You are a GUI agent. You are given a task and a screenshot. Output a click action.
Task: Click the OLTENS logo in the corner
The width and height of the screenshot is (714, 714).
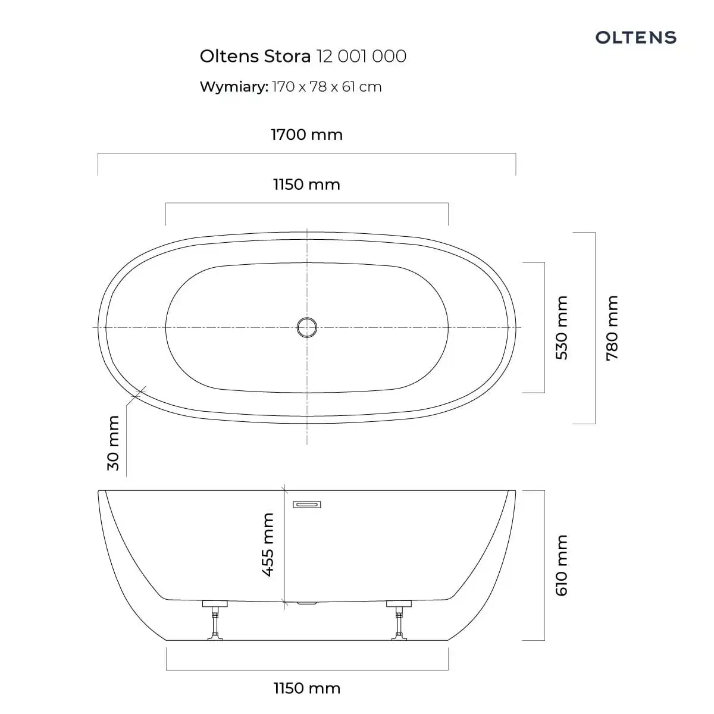pyautogui.click(x=635, y=37)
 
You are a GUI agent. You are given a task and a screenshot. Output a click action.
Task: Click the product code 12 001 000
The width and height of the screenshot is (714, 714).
pyautogui.click(x=361, y=57)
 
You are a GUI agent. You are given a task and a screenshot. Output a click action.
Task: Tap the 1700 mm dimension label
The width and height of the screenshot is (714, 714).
pyautogui.click(x=307, y=134)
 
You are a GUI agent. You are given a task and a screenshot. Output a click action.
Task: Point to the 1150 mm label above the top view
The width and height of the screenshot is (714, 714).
pyautogui.click(x=307, y=184)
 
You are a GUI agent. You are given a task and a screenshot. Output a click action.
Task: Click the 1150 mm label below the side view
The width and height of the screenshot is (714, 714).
pyautogui.click(x=307, y=688)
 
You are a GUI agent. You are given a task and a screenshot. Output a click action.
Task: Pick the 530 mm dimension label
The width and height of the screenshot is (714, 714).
pyautogui.click(x=562, y=327)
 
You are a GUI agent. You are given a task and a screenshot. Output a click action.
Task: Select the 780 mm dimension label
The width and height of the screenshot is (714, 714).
pyautogui.click(x=612, y=328)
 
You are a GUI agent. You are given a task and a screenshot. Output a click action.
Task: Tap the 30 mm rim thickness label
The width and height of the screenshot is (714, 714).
pyautogui.click(x=113, y=443)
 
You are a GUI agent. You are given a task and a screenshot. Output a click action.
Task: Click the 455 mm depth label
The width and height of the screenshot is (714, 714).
pyautogui.click(x=268, y=545)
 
